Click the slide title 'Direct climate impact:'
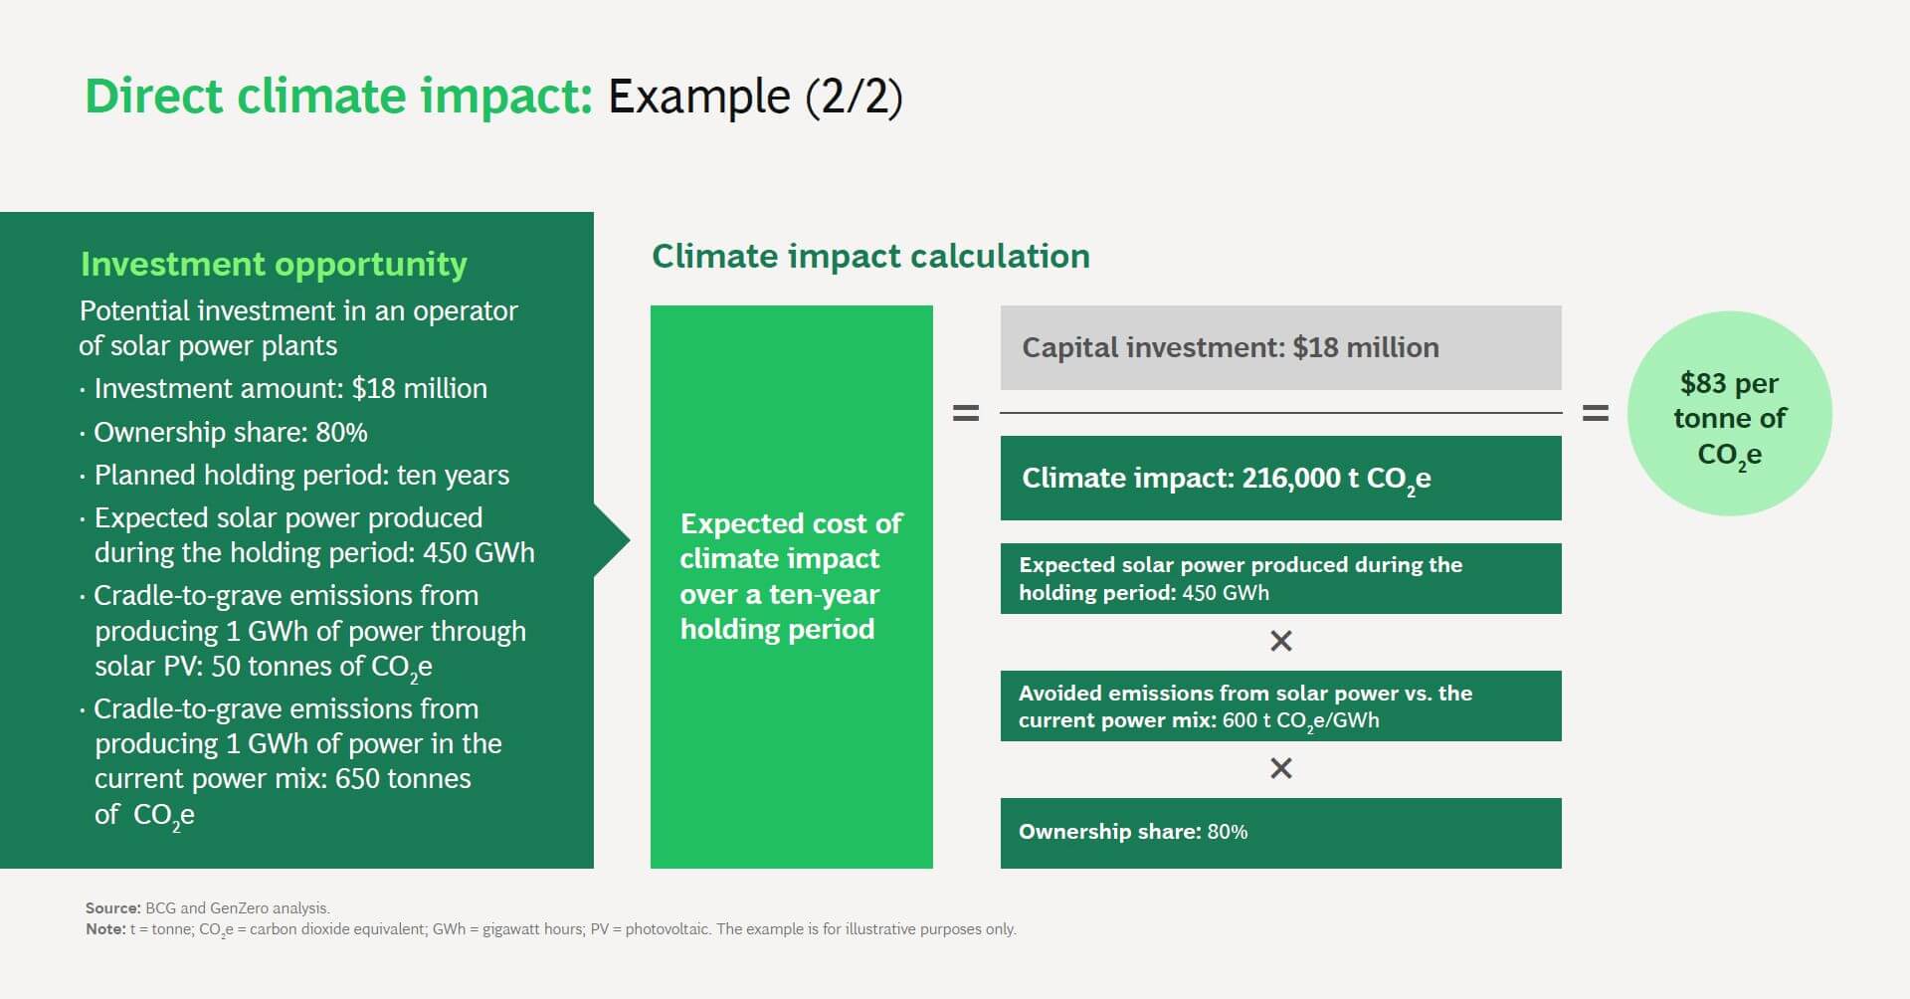pos(338,97)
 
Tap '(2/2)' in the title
pos(853,97)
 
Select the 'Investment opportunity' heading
pos(274,264)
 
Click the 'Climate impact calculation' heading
pos(870,256)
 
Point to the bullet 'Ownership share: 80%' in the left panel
pos(230,432)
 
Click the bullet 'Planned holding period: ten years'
pos(300,475)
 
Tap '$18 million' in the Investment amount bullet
pos(419,388)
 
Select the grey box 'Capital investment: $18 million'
pos(1280,347)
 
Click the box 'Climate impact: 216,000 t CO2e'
pos(1280,478)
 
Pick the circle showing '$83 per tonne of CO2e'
pos(1729,414)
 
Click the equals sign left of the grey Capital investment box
pos(966,413)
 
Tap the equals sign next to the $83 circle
pos(1595,413)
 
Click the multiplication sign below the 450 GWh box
pos(1281,641)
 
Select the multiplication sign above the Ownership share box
pos(1281,768)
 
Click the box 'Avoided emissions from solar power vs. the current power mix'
pos(1280,705)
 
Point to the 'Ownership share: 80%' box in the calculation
pos(1280,832)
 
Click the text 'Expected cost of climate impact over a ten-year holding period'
pos(791,576)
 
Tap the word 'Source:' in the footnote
pos(112,907)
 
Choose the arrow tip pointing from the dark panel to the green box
pos(622,540)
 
